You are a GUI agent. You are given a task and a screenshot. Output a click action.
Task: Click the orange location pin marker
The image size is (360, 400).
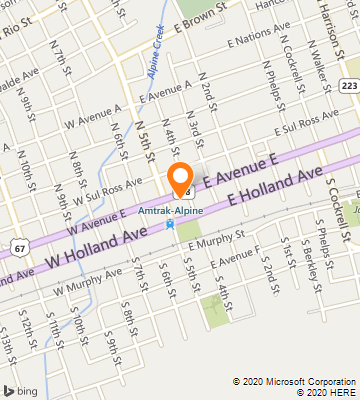181,178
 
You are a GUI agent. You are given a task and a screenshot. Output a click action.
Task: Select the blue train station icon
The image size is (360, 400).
171,224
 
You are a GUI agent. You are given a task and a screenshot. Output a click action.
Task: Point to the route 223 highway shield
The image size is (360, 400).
347,88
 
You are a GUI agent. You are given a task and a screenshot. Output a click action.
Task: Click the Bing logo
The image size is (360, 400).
22,389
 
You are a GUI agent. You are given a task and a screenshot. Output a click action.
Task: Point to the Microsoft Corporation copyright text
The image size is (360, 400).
294,381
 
